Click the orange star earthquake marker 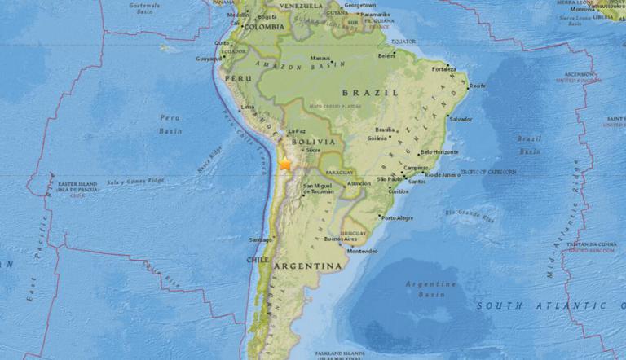coord(284,165)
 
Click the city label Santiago coord(260,239)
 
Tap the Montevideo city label coord(363,252)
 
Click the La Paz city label coord(296,130)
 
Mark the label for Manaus coord(320,58)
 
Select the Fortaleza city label coord(445,68)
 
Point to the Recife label coord(478,86)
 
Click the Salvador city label coord(461,120)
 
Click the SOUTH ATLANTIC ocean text coord(542,305)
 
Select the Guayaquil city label coord(209,58)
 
